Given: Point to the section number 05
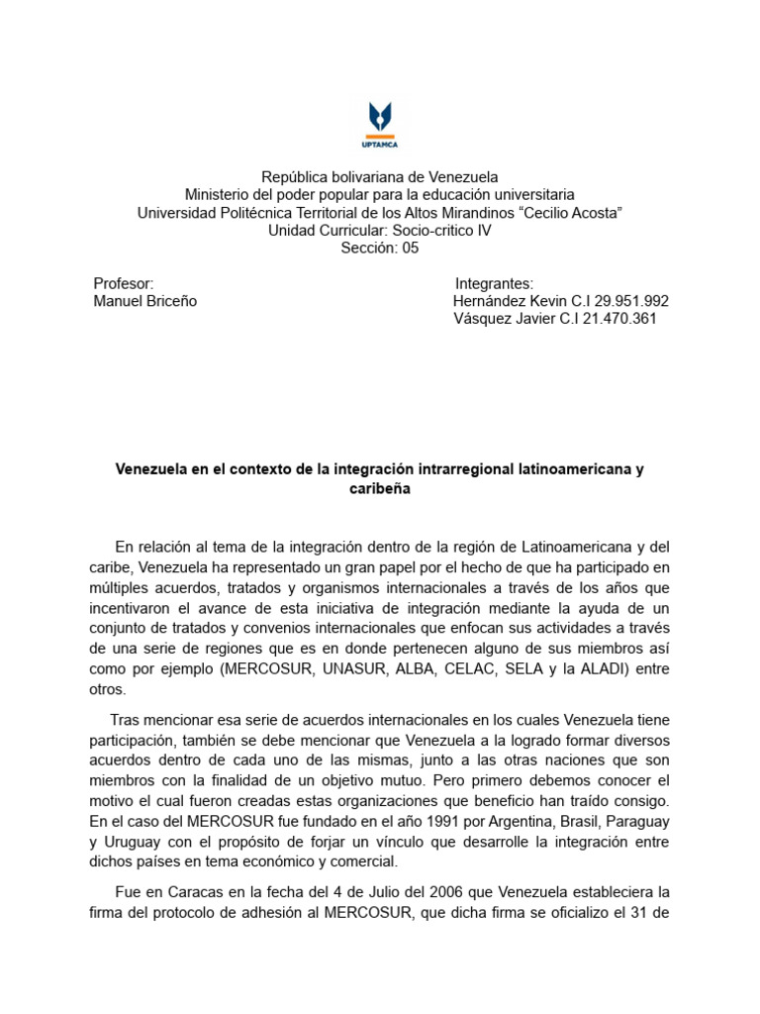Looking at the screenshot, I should click(x=410, y=249).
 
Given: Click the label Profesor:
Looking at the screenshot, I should click(x=123, y=284).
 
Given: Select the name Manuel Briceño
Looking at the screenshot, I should click(x=144, y=302).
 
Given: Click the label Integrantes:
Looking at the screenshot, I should click(x=494, y=284).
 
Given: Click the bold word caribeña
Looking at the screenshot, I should click(x=380, y=489).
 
